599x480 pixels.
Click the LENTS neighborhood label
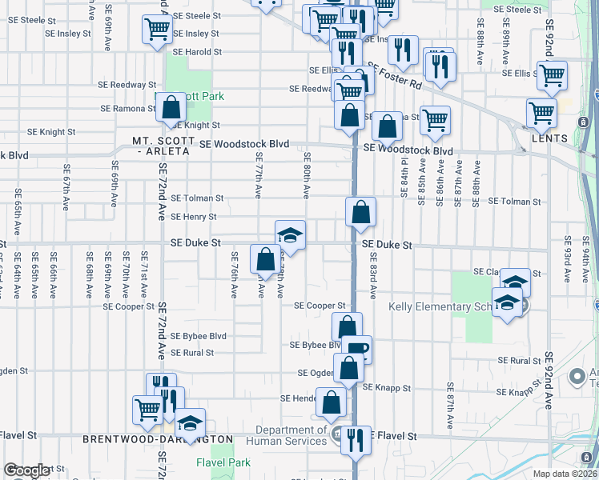click(549, 138)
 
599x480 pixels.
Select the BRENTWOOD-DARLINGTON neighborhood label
click(158, 439)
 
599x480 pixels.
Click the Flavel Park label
click(223, 462)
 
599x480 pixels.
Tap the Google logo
click(26, 470)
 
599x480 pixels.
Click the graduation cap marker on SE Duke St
click(290, 234)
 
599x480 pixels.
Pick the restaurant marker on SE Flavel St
click(356, 439)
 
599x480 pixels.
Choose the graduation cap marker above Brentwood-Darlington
click(190, 422)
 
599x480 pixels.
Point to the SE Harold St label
click(197, 52)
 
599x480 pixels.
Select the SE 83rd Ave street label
click(373, 275)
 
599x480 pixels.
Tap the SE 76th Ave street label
click(235, 275)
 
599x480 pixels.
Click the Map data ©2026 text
click(565, 474)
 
